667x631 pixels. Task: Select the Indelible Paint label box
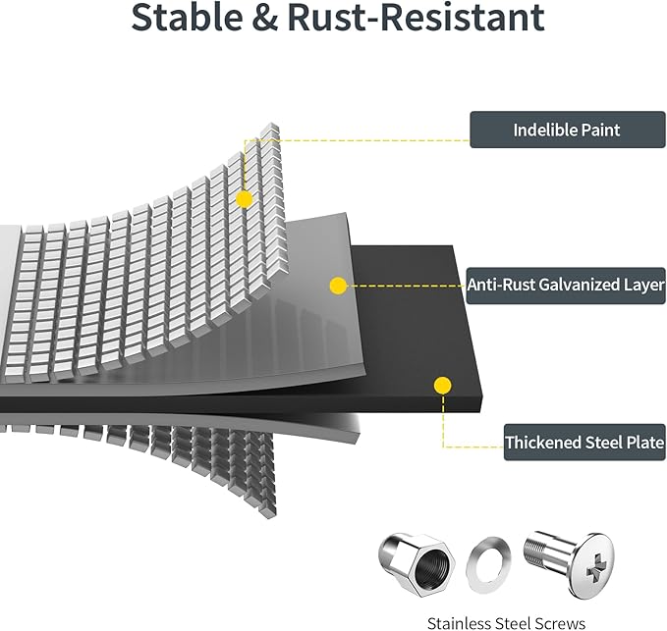567,130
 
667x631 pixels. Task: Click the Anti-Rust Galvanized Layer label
567,286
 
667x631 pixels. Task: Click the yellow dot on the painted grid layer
245,199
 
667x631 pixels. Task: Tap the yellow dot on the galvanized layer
338,287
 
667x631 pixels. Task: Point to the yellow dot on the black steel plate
443,386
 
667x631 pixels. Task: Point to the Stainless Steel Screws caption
506,621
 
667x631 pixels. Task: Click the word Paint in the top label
599,130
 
